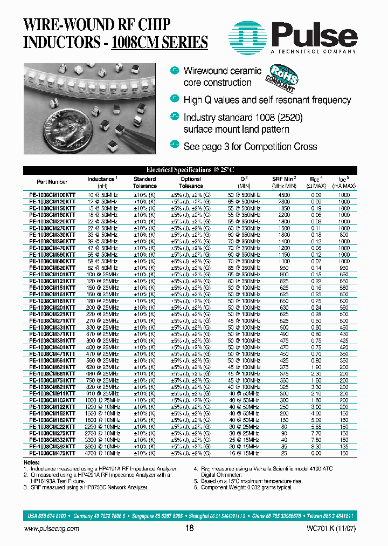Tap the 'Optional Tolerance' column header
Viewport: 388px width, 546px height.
(191, 182)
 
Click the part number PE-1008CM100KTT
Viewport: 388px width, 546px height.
(52, 194)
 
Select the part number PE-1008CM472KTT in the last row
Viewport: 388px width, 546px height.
(52, 453)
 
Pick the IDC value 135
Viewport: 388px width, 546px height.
(344, 447)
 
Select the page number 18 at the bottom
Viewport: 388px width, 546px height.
(189, 529)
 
